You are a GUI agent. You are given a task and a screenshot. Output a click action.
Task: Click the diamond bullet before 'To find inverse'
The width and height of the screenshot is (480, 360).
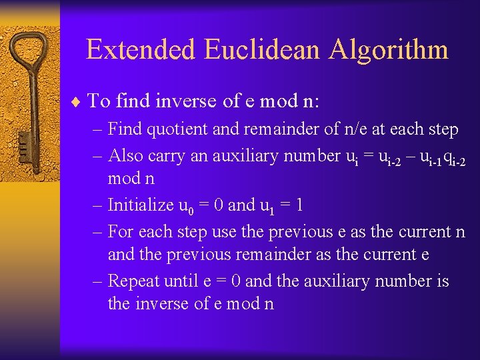click(x=79, y=102)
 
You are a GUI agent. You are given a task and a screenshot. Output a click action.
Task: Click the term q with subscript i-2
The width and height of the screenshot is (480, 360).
click(x=453, y=157)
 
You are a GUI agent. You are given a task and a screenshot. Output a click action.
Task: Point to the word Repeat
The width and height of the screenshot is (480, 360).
click(x=133, y=281)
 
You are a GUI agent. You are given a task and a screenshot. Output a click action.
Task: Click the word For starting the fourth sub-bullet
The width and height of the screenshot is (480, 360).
click(x=120, y=232)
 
